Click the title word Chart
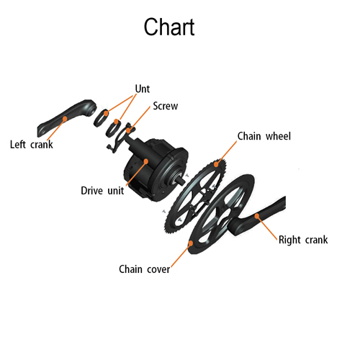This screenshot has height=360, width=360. [x=169, y=27]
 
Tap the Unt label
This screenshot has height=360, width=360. [x=143, y=89]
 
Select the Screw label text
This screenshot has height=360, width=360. [x=166, y=106]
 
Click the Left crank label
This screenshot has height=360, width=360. [x=32, y=145]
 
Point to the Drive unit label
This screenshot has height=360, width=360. [x=102, y=191]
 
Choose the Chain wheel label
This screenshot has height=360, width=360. [x=264, y=136]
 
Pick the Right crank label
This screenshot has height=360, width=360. [x=303, y=240]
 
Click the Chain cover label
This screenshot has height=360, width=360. [x=145, y=269]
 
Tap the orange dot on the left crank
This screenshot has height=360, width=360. [x=65, y=119]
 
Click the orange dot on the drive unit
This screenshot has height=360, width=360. [x=145, y=161]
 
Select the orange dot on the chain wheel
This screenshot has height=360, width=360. [x=216, y=164]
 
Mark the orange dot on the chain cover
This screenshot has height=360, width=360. [x=191, y=243]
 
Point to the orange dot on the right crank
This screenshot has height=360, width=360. [x=257, y=216]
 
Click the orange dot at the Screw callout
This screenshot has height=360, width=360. [x=129, y=130]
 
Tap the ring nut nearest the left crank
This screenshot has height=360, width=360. [x=101, y=118]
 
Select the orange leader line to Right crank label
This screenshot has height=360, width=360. [x=268, y=228]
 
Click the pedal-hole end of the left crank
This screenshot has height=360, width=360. [x=42, y=132]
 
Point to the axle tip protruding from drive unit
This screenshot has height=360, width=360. [x=181, y=180]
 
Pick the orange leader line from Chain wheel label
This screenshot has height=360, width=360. [x=227, y=152]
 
